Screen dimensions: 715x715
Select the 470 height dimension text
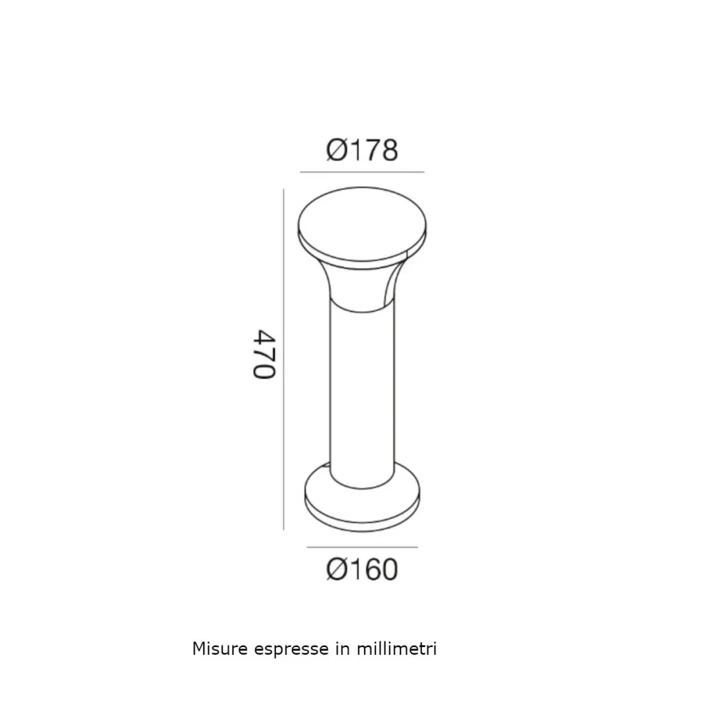pyautogui.click(x=264, y=355)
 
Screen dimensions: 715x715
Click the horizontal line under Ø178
pyautogui.click(x=362, y=172)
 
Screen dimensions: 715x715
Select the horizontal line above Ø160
pyautogui.click(x=362, y=548)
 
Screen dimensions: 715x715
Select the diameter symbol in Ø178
pyautogui.click(x=337, y=150)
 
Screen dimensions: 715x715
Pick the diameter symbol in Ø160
pyautogui.click(x=337, y=570)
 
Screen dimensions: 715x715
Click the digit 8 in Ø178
pyautogui.click(x=387, y=150)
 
